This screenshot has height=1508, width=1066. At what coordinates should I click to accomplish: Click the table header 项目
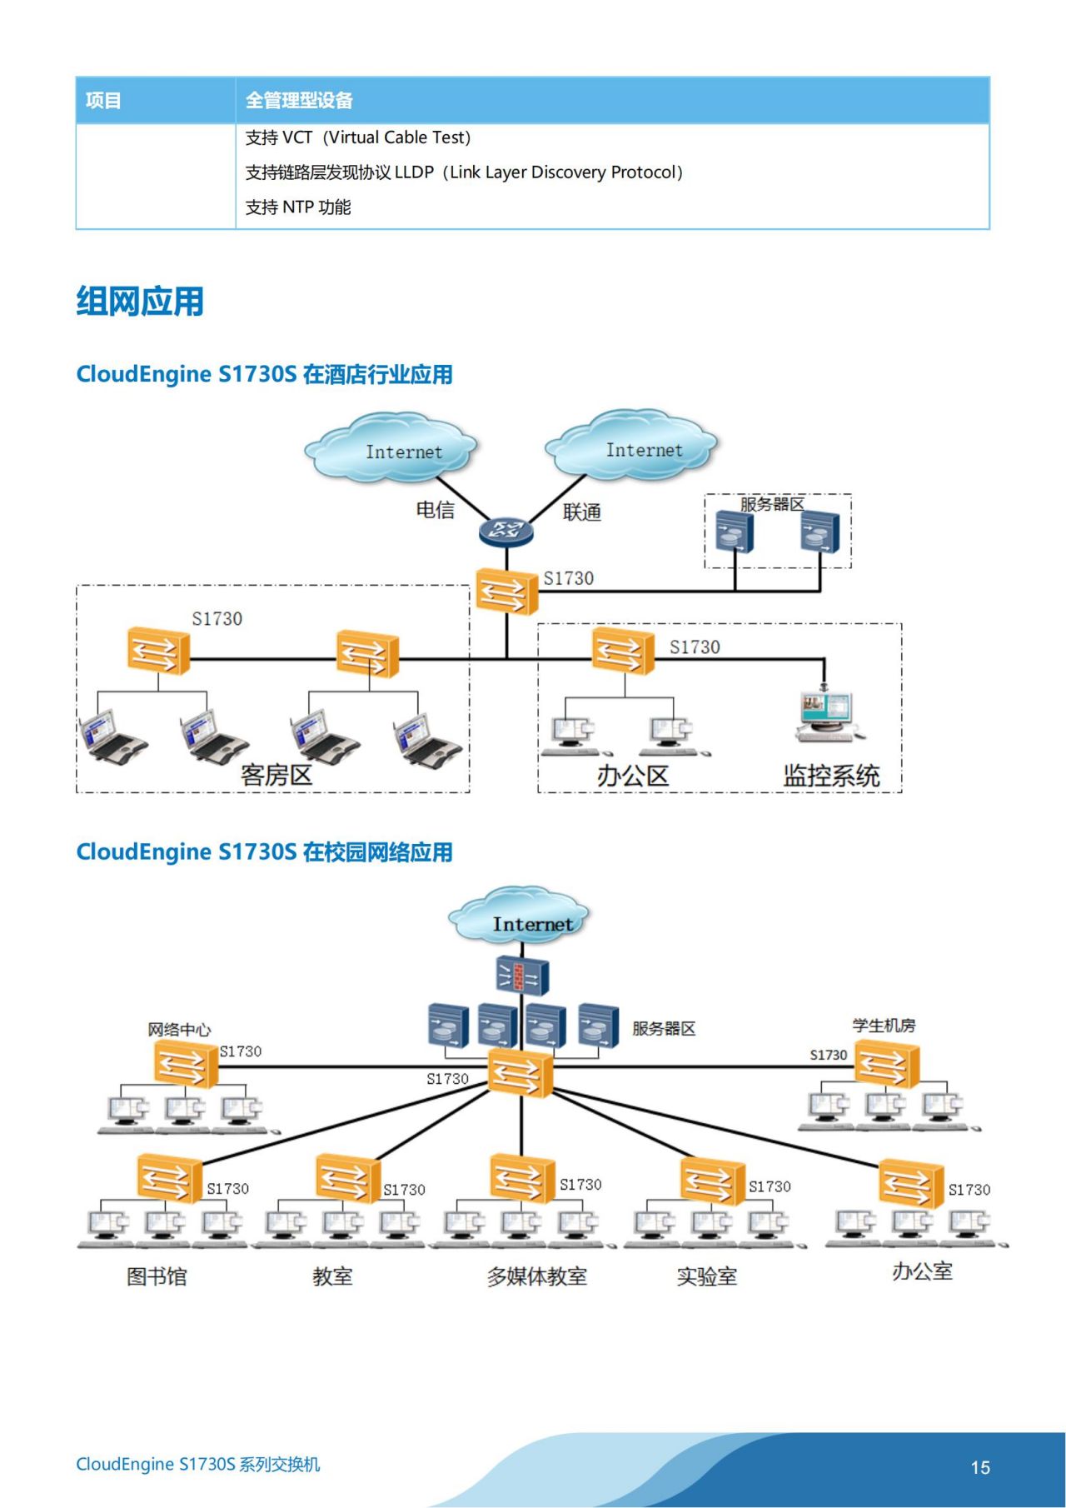pyautogui.click(x=103, y=101)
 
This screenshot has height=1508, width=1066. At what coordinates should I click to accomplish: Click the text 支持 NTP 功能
pyautogui.click(x=297, y=207)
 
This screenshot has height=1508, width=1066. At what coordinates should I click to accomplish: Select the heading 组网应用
pyautogui.click(x=140, y=301)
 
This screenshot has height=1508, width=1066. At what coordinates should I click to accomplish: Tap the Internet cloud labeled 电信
pyautogui.click(x=391, y=448)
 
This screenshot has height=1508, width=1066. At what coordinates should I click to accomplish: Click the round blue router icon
pyautogui.click(x=506, y=531)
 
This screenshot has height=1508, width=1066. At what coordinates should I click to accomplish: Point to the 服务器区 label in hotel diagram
pyautogui.click(x=772, y=504)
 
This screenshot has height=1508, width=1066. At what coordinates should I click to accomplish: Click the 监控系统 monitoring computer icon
pyautogui.click(x=825, y=715)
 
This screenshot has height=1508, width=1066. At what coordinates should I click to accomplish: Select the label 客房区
pyautogui.click(x=276, y=775)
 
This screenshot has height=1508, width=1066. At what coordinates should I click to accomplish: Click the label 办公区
pyautogui.click(x=632, y=776)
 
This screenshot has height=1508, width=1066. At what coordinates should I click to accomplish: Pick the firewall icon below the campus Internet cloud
pyautogui.click(x=522, y=976)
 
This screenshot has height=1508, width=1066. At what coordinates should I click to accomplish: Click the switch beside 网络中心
pyautogui.click(x=186, y=1064)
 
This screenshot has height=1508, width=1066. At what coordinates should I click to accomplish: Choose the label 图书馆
pyautogui.click(x=157, y=1276)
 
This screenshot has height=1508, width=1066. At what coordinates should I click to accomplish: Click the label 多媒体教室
pyautogui.click(x=537, y=1276)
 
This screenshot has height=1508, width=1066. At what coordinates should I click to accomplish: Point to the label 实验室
pyautogui.click(x=706, y=1276)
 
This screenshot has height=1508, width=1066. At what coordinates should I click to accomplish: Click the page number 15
pyautogui.click(x=980, y=1468)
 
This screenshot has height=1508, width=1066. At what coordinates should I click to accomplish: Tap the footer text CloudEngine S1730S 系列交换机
pyautogui.click(x=197, y=1465)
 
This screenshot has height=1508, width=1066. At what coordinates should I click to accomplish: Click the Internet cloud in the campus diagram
pyautogui.click(x=520, y=916)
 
